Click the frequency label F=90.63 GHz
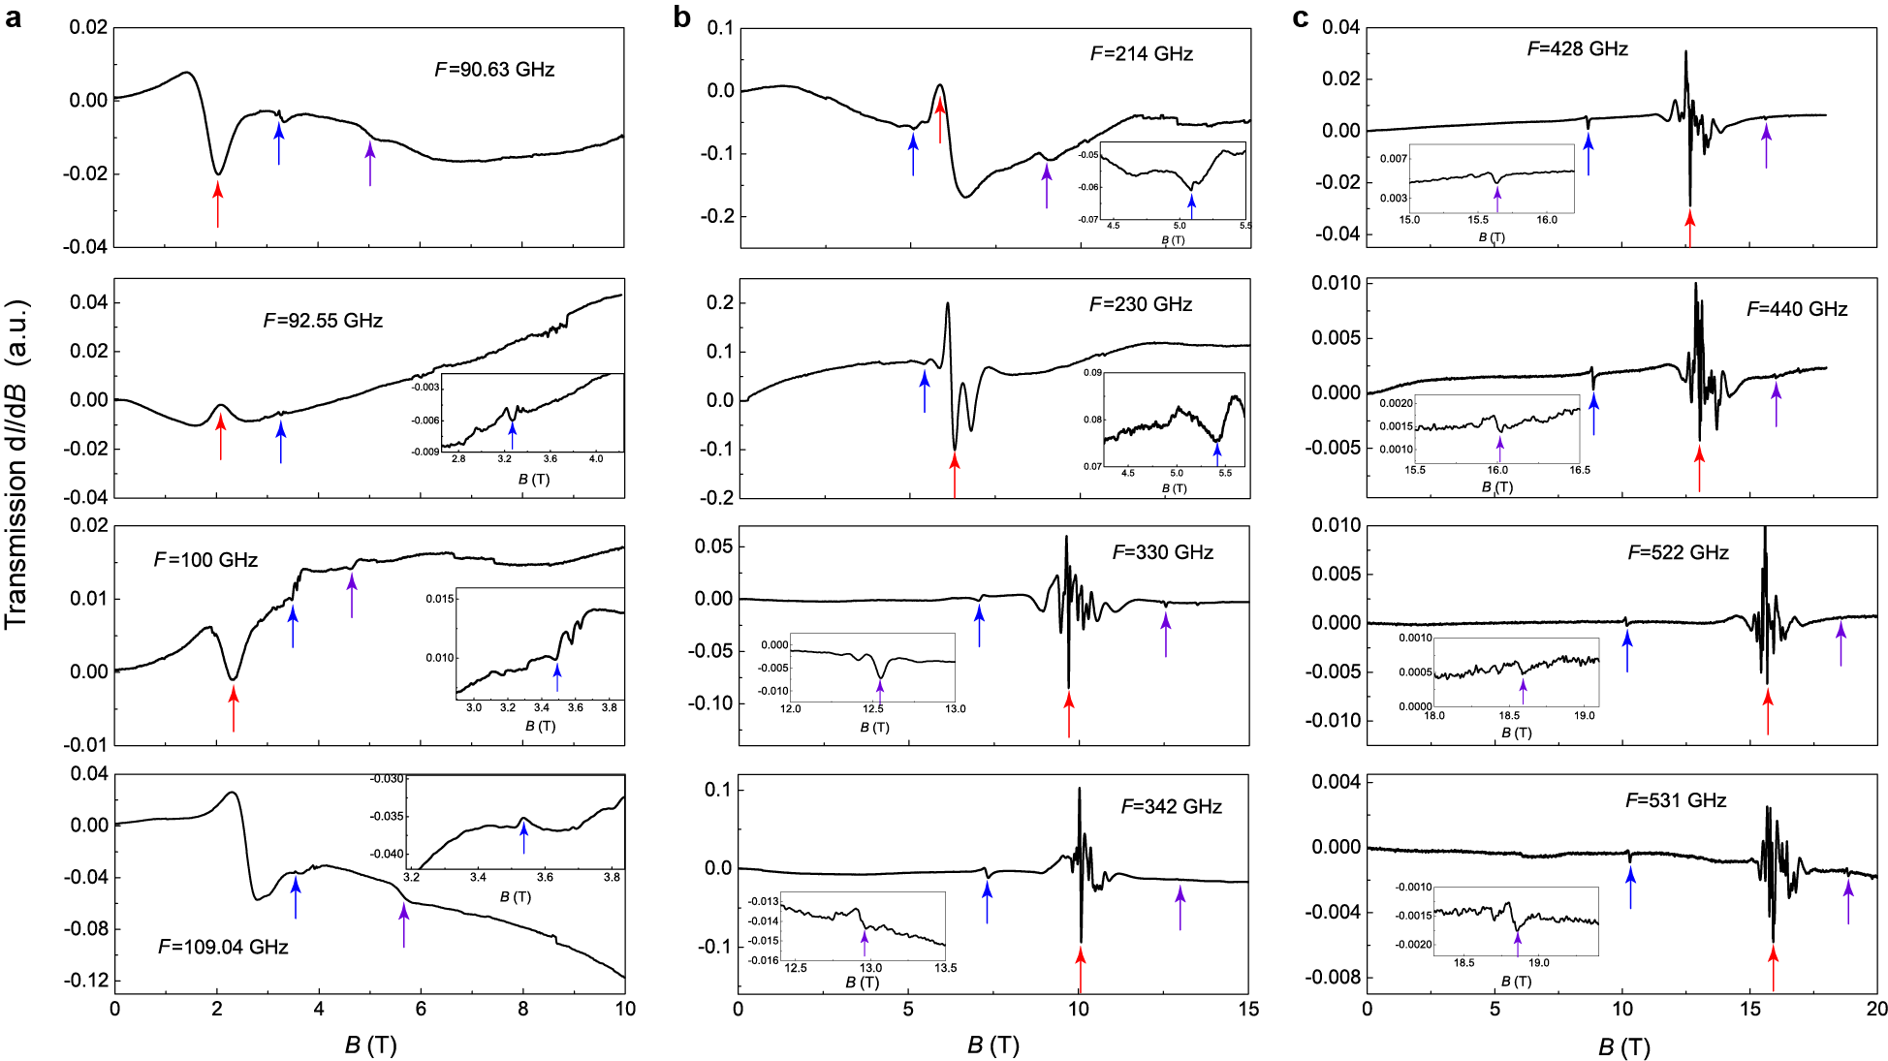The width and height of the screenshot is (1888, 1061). (x=494, y=70)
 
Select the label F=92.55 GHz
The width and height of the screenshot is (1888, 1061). (x=323, y=321)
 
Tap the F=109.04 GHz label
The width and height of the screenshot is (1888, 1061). (x=223, y=947)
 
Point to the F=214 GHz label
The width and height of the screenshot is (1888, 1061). (x=1141, y=54)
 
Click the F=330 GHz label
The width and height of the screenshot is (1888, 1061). (x=1162, y=552)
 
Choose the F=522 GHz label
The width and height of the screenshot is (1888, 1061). (x=1678, y=552)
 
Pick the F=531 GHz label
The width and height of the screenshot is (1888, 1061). (x=1676, y=800)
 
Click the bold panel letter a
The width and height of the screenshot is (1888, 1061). (x=14, y=16)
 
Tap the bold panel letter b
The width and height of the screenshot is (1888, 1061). (x=682, y=16)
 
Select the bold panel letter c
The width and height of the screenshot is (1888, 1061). (x=1301, y=16)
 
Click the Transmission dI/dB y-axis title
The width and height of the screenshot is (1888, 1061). (x=16, y=465)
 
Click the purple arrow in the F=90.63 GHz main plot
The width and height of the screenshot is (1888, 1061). (x=370, y=163)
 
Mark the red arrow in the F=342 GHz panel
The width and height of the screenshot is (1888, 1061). (x=1081, y=969)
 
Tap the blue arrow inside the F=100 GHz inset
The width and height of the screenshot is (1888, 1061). (x=556, y=676)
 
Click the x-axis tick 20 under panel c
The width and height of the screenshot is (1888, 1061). (x=1876, y=1010)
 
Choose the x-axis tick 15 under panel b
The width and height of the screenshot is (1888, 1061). (x=1248, y=1010)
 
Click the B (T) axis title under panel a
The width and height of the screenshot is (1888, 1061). (x=370, y=1045)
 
